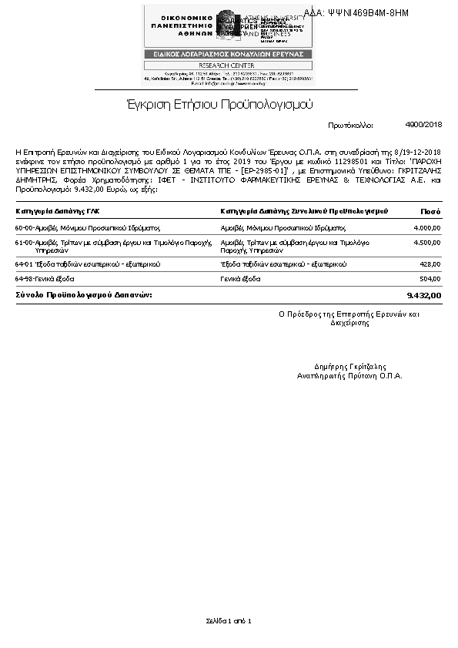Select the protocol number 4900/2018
click(423, 124)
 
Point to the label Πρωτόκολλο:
click(350, 124)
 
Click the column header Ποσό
click(430, 210)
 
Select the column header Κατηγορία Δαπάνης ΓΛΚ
click(58, 210)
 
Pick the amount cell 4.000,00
click(426, 228)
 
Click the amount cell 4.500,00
click(426, 243)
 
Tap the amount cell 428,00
click(430, 264)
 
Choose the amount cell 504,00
click(430, 278)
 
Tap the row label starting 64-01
click(88, 264)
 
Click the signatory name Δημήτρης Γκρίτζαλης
click(350, 367)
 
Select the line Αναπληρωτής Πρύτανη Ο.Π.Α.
click(350, 376)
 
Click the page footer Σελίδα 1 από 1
click(229, 621)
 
